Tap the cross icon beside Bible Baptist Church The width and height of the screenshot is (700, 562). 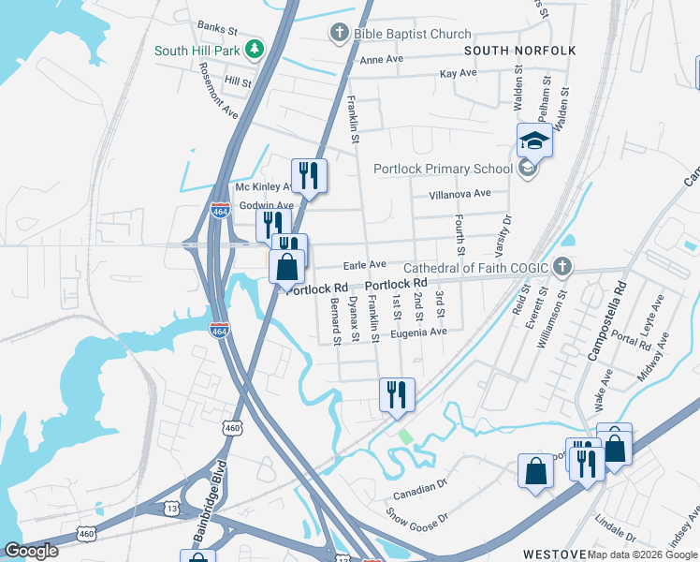point(339,34)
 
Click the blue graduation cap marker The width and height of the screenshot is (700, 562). point(534,140)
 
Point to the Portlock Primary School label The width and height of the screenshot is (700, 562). point(443,169)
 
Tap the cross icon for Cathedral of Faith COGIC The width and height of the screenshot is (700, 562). point(561,266)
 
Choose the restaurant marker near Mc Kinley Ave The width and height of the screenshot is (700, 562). point(308,174)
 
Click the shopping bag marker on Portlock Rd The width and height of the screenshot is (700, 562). point(287,266)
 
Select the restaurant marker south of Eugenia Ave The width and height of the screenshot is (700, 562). point(397,394)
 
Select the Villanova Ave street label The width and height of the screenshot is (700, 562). point(459,194)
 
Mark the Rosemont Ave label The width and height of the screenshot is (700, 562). point(218,91)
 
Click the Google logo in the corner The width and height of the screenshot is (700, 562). point(32,551)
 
